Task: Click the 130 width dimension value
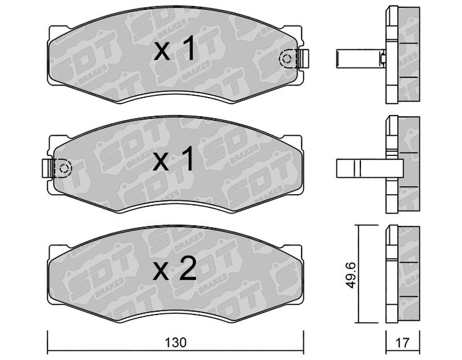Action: click(x=176, y=343)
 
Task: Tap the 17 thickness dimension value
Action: click(x=403, y=343)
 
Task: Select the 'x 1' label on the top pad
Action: click(x=174, y=48)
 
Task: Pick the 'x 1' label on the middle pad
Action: click(x=173, y=159)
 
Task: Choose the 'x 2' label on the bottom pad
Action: click(x=174, y=268)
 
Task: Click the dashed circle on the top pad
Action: click(x=286, y=59)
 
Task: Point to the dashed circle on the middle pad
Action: click(x=64, y=168)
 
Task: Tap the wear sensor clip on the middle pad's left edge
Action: click(x=47, y=168)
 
